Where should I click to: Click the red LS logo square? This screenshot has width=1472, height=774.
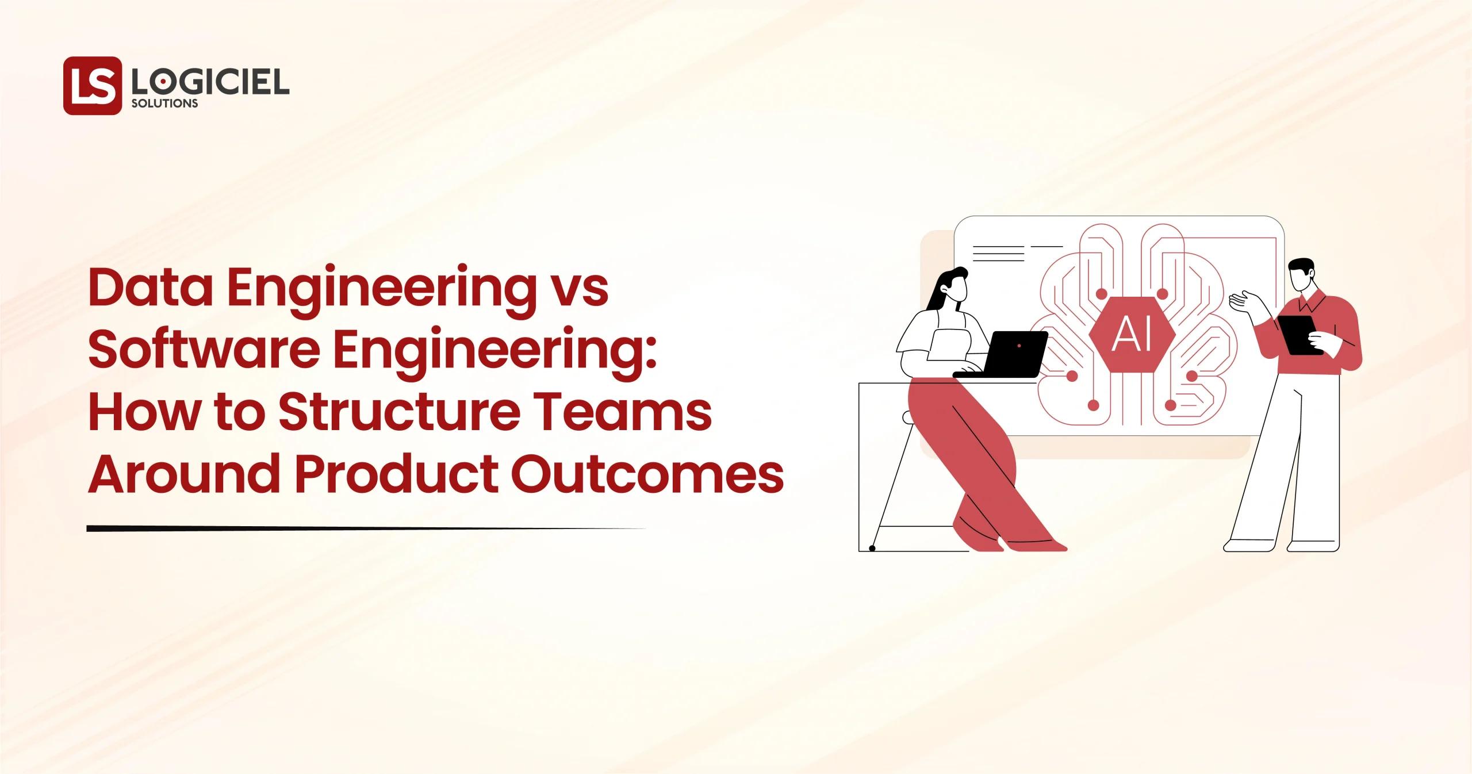pyautogui.click(x=92, y=86)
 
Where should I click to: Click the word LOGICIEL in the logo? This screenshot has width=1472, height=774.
pyautogui.click(x=210, y=83)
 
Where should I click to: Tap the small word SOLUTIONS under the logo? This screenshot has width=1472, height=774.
pyautogui.click(x=164, y=104)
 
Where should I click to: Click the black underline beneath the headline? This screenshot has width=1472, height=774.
pyautogui.click(x=345, y=528)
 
